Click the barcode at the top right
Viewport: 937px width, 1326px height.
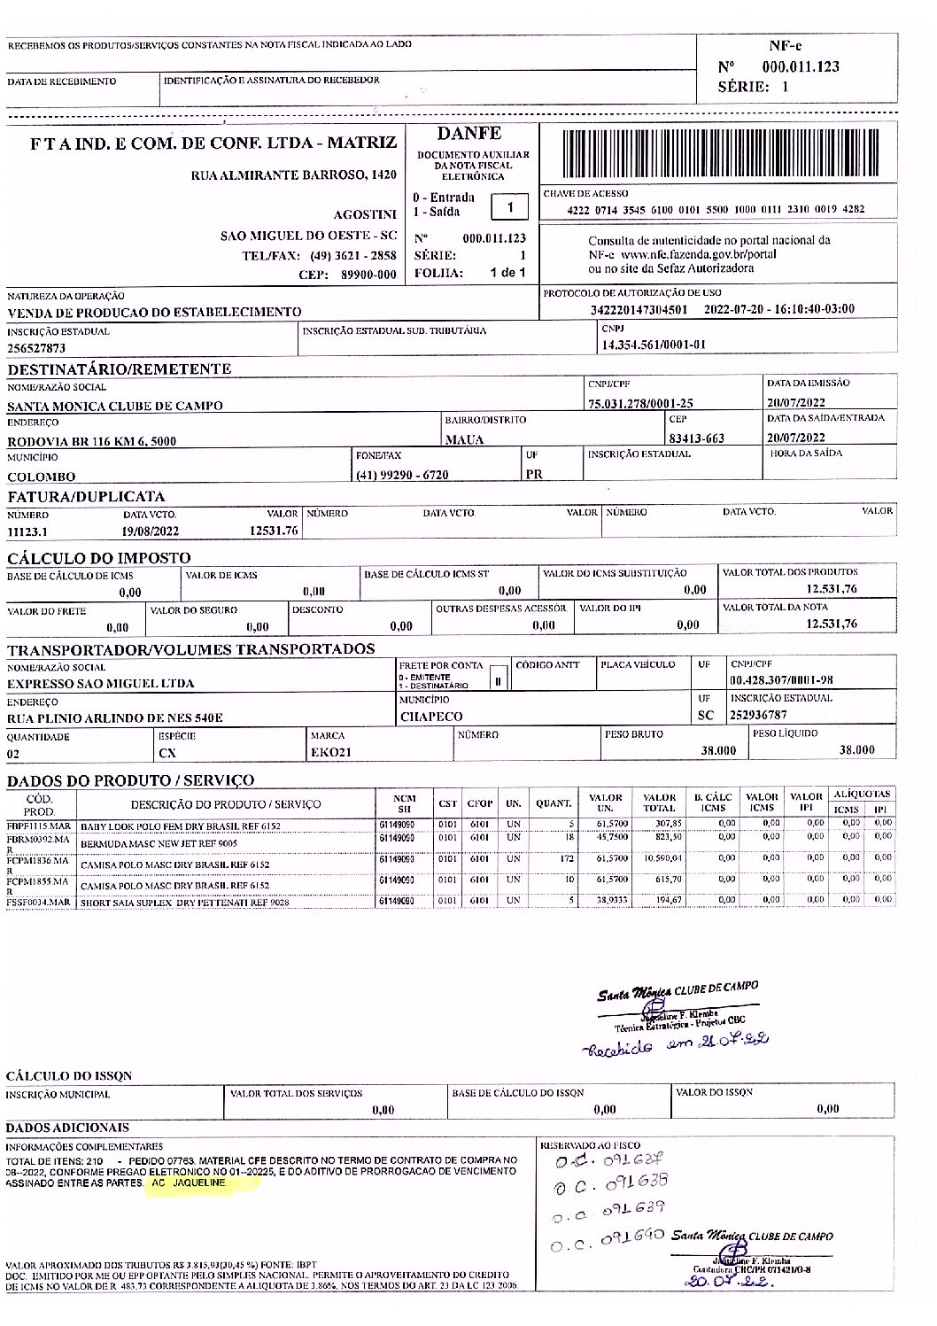click(x=718, y=154)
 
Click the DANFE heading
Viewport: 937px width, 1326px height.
click(x=468, y=134)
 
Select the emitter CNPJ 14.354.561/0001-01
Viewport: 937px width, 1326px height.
click(x=654, y=345)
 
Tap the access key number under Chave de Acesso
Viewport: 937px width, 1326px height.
click(x=716, y=210)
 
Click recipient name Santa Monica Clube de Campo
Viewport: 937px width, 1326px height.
click(x=115, y=406)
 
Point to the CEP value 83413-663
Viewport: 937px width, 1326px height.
click(x=696, y=438)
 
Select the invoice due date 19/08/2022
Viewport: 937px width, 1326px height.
click(x=151, y=531)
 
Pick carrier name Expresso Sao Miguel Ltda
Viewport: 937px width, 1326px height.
click(x=101, y=684)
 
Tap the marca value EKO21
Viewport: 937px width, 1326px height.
click(x=330, y=752)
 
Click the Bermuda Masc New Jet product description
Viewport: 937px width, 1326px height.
click(x=159, y=844)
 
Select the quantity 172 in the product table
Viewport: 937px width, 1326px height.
click(x=567, y=857)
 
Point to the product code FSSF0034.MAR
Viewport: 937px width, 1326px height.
click(x=38, y=903)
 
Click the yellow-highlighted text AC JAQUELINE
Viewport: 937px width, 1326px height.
click(x=189, y=1183)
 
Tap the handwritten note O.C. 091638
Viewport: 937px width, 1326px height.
click(x=610, y=1184)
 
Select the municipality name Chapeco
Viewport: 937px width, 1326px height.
click(x=431, y=717)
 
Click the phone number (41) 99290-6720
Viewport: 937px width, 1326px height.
click(x=402, y=475)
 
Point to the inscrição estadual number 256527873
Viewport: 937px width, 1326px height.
click(x=36, y=348)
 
